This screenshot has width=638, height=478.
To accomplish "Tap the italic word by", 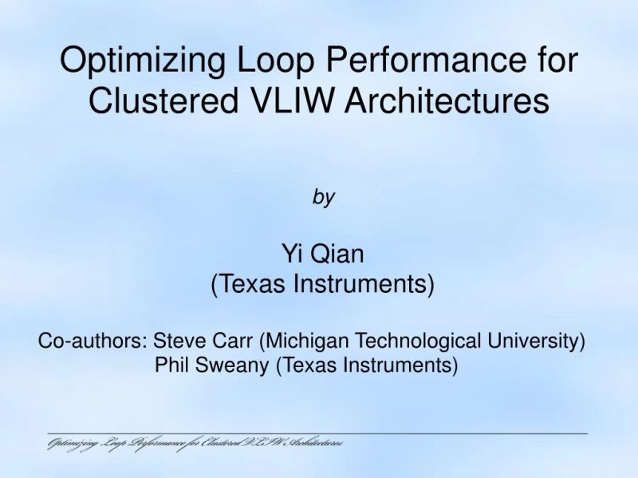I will coord(323,197).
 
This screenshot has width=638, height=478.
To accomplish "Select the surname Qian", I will coord(337,255).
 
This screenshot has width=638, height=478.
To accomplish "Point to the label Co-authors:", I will coord(93,342).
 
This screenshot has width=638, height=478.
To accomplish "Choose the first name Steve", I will coord(179,342).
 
